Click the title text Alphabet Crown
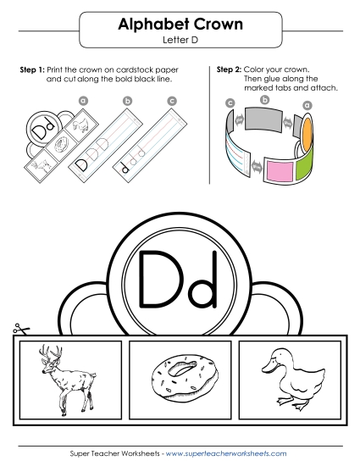point(179,25)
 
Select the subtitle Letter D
point(179,40)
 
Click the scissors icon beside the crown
point(18,329)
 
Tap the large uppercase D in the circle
point(156,279)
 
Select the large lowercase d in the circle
point(200,279)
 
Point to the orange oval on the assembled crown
point(307,127)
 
